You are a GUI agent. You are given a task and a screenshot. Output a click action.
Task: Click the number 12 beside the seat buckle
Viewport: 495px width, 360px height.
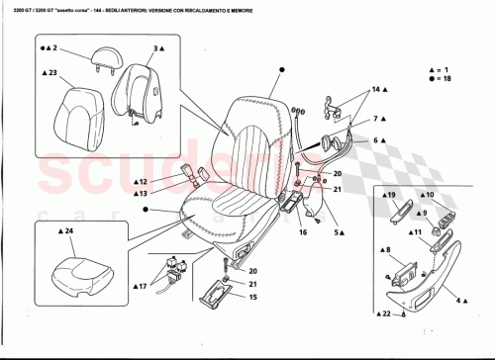click(143, 182)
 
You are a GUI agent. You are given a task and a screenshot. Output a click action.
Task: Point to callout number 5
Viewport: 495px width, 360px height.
click(338, 231)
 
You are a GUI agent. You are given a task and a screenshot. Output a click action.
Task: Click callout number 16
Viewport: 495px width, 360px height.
click(302, 236)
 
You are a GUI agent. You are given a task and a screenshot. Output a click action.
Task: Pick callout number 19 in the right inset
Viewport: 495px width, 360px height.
click(391, 196)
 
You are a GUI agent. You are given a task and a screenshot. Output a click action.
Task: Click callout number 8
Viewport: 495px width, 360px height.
click(388, 250)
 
